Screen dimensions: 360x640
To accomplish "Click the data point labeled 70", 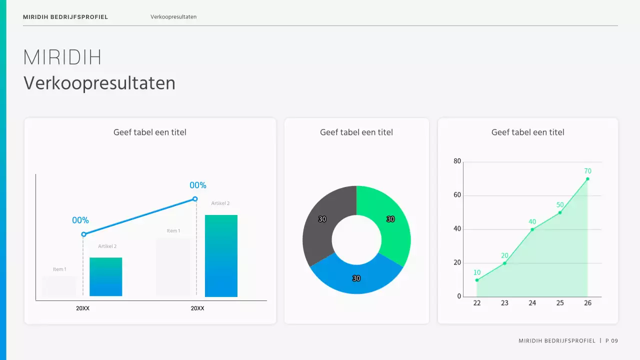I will (x=587, y=179).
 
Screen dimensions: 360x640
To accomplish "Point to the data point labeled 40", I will (x=532, y=229).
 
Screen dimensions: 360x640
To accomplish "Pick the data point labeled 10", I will (x=477, y=280).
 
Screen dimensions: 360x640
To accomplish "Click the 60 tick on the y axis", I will (x=457, y=195).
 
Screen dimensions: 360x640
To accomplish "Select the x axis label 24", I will (x=532, y=303).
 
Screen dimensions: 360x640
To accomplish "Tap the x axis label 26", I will (x=587, y=303).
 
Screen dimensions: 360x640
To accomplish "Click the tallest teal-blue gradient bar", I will (x=221, y=256).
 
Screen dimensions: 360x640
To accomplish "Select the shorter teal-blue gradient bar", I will (x=105, y=277).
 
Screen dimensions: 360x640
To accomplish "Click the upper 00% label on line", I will (x=198, y=185).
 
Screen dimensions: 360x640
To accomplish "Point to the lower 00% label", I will (x=80, y=220).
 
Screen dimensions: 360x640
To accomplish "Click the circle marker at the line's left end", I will (x=83, y=234).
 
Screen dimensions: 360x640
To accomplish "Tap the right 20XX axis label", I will (x=197, y=308).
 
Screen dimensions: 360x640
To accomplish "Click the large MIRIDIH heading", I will (x=62, y=58).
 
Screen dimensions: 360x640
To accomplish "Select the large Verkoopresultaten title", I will (x=99, y=83).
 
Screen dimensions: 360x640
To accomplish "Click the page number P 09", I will (x=611, y=341).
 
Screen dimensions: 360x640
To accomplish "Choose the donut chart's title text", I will (x=356, y=132).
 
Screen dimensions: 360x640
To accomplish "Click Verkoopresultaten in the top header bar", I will (x=173, y=17).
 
